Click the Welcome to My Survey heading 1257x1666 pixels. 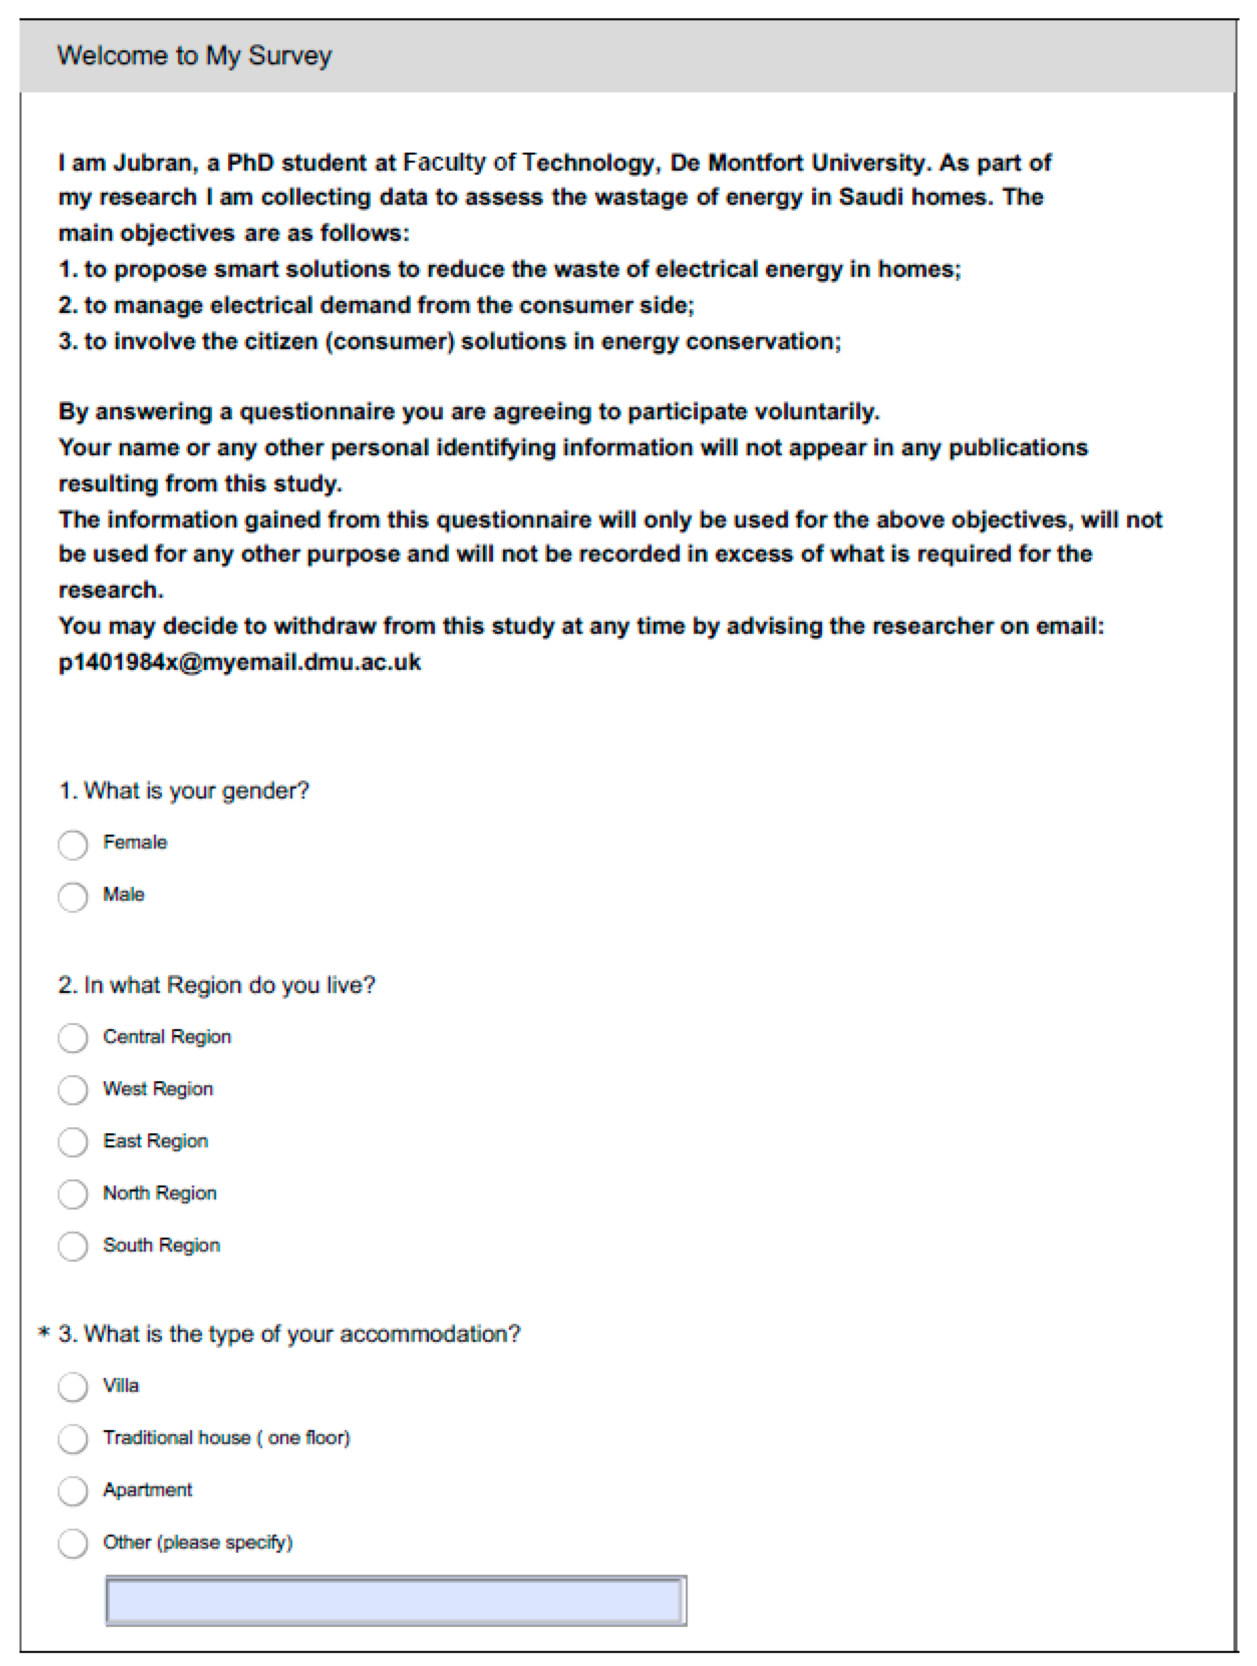[x=195, y=56]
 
